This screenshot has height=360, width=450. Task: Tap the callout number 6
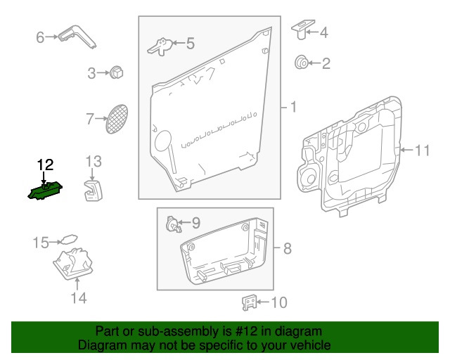40,37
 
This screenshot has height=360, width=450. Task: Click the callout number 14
78,298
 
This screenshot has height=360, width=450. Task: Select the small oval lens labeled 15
67,240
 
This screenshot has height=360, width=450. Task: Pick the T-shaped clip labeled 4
300,29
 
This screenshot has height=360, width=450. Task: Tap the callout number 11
421,150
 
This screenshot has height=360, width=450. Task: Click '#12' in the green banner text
238,332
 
